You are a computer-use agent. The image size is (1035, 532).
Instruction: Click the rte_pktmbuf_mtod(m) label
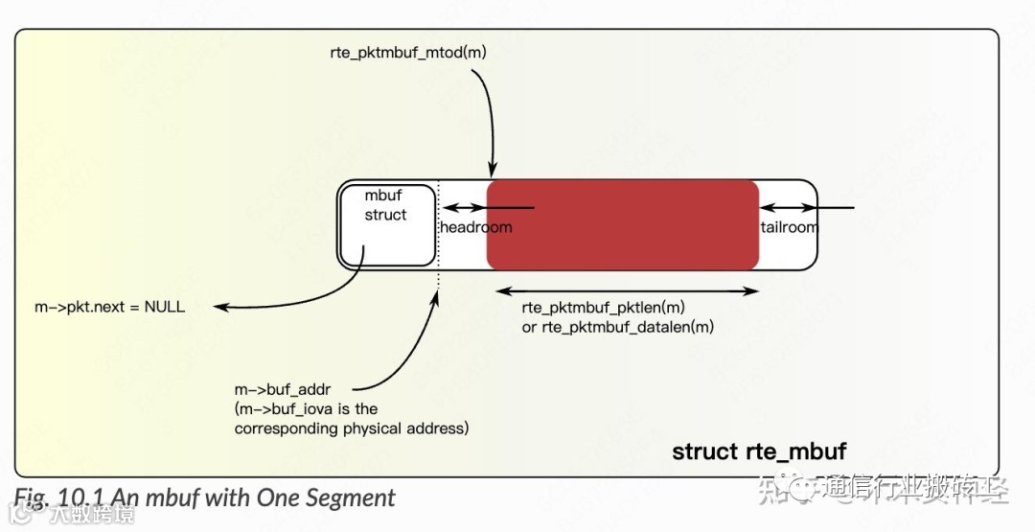point(407,53)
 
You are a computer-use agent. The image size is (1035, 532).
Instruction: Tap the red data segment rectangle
point(623,225)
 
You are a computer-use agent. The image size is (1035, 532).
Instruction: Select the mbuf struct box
point(386,224)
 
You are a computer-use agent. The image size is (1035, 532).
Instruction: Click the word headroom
point(475,227)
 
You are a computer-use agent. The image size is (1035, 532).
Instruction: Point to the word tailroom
point(789,227)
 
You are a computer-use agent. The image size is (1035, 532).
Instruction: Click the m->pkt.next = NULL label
point(109,308)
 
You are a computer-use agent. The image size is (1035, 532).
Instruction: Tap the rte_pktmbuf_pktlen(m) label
point(604,308)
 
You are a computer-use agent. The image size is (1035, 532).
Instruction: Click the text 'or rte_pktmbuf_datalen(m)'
point(618,327)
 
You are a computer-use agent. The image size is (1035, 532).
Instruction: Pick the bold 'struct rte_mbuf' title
point(759,451)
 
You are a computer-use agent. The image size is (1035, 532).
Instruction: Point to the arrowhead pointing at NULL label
point(219,308)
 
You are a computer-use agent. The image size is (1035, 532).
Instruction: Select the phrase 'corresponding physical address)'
point(352,428)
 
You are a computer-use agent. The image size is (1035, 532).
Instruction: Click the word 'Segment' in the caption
point(349,498)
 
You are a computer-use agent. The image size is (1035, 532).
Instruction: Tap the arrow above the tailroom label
point(805,207)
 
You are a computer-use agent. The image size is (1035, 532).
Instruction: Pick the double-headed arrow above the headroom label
point(464,207)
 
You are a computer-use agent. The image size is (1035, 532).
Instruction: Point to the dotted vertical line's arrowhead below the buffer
point(437,295)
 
